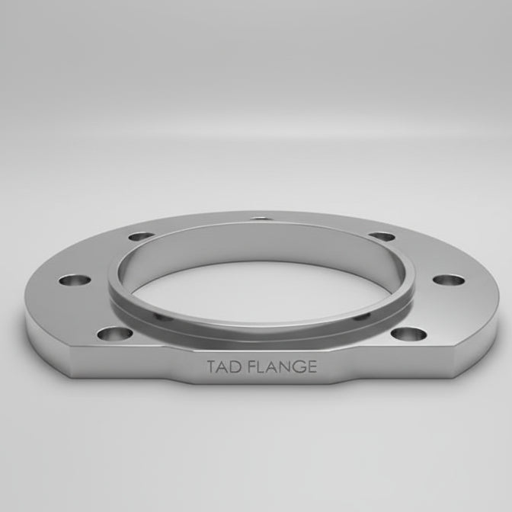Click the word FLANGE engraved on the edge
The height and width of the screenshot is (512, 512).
coord(284,367)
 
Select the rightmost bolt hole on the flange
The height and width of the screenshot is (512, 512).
coord(448,280)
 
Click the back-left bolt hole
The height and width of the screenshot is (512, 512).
coord(139,237)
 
